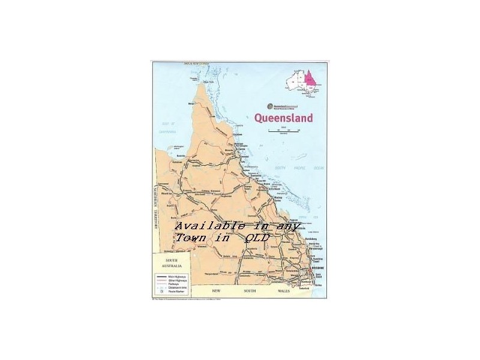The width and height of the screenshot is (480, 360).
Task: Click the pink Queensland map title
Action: pos(284,118)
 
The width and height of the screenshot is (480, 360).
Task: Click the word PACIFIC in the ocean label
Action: pos(295,167)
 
